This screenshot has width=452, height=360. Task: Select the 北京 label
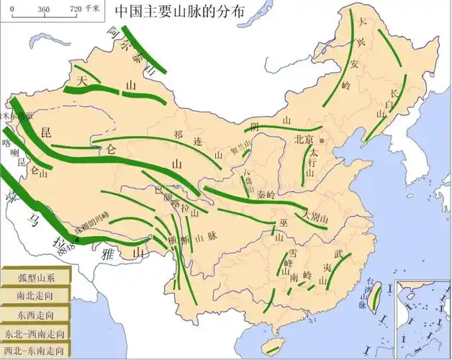303,140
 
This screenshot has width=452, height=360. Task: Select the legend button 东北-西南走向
35,333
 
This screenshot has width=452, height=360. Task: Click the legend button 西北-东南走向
35,351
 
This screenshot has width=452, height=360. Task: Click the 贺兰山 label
240,153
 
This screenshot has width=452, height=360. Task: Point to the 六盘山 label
249,176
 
